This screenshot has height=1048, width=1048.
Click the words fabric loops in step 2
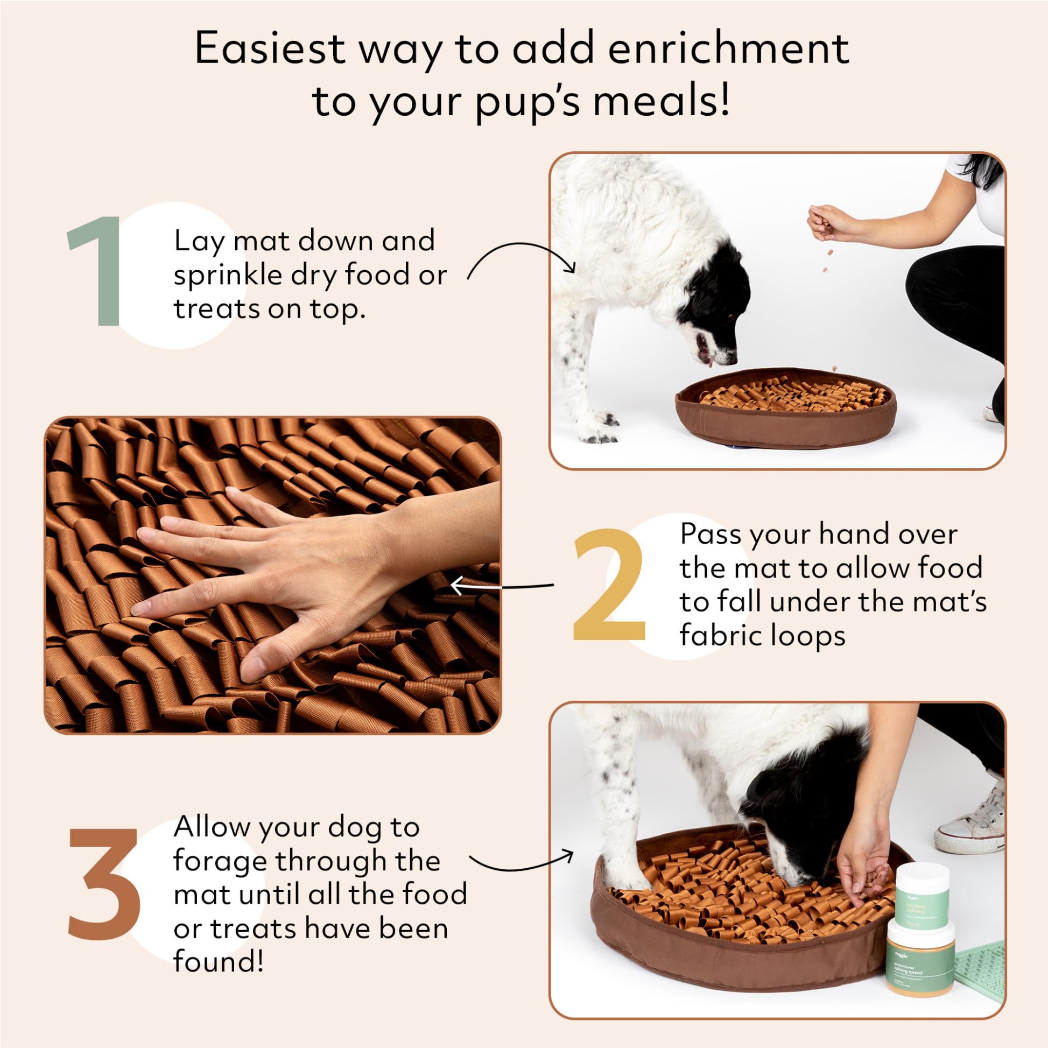pos(762,636)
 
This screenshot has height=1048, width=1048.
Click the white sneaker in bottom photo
pos(971,833)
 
